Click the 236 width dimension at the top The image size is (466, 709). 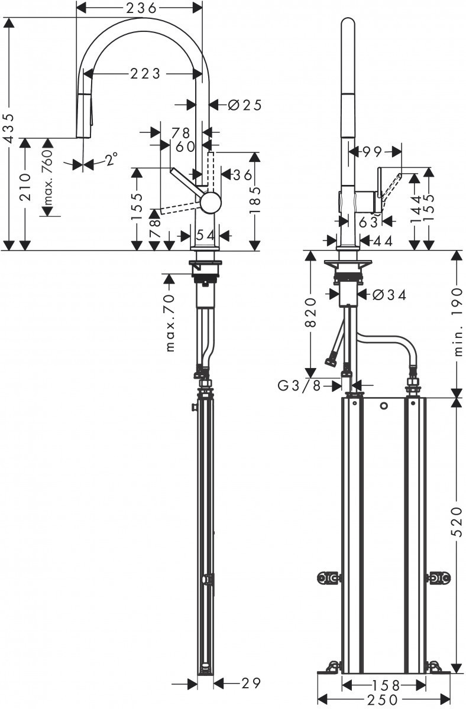[140, 8]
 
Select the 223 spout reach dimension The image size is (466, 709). [145, 73]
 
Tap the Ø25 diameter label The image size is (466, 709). [244, 105]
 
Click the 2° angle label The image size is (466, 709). [111, 159]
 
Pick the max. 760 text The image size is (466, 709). [47, 177]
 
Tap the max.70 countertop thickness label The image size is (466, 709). [171, 323]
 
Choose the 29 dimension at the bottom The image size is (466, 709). [251, 684]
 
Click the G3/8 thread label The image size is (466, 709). [300, 386]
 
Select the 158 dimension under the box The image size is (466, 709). [384, 685]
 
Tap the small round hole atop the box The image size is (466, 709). [384, 406]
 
